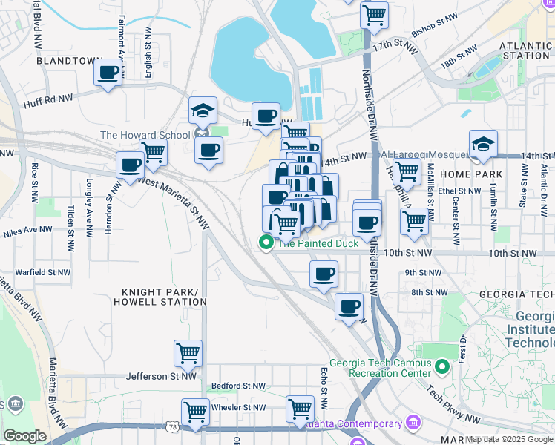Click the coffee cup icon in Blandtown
click(x=108, y=73)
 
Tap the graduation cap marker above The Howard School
click(x=203, y=111)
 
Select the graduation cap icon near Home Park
click(x=483, y=144)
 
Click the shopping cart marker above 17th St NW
click(x=374, y=14)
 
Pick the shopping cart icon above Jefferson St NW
click(x=188, y=353)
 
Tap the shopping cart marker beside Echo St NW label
click(x=300, y=408)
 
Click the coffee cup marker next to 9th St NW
click(x=324, y=274)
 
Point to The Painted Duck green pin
click(x=265, y=243)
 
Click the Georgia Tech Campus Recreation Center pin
click(x=442, y=366)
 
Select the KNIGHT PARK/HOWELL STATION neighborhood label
click(x=160, y=297)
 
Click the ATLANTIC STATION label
click(x=526, y=50)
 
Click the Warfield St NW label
click(x=42, y=272)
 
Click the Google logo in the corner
click(x=24, y=436)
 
